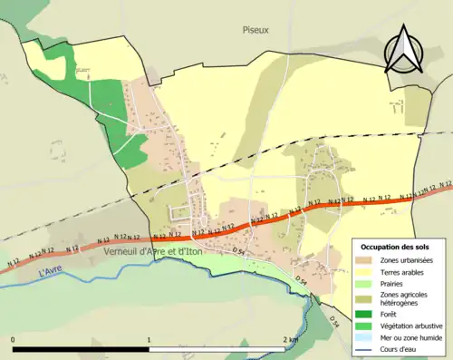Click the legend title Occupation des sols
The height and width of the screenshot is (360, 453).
[x=397, y=247]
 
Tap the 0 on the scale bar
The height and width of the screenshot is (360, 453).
[x=13, y=339]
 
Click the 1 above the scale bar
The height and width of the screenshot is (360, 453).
[x=148, y=339]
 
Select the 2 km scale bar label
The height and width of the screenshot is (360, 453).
[x=291, y=339]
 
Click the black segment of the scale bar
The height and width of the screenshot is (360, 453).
[x=81, y=349]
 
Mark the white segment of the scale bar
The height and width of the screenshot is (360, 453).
[x=217, y=349]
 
